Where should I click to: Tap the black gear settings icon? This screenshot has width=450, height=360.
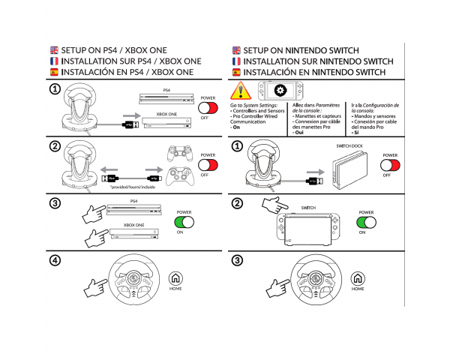(280, 91)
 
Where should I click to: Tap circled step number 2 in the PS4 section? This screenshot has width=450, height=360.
(54, 146)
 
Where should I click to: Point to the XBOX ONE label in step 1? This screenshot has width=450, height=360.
(166, 113)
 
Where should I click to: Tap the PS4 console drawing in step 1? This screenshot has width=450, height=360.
(166, 98)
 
